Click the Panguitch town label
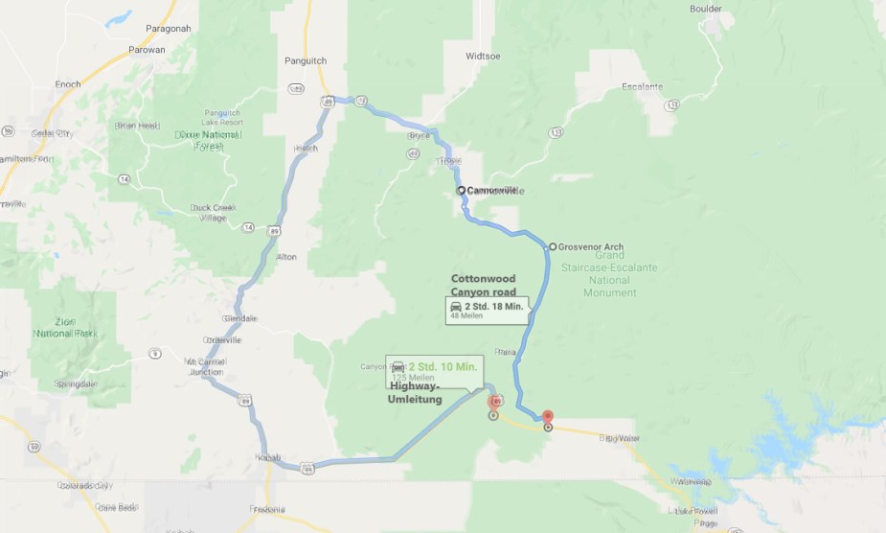click(x=306, y=59)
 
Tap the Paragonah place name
click(x=167, y=29)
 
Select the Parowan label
click(x=147, y=49)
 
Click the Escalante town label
click(x=642, y=86)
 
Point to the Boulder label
click(x=706, y=9)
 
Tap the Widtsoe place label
click(x=483, y=56)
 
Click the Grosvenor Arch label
click(x=590, y=247)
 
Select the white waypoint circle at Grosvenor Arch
click(x=552, y=246)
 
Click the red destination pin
click(x=548, y=417)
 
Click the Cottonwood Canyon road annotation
click(x=484, y=285)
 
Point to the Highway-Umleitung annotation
click(x=416, y=393)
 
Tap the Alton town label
click(x=285, y=257)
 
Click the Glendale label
click(x=239, y=317)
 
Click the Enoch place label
click(x=68, y=84)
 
